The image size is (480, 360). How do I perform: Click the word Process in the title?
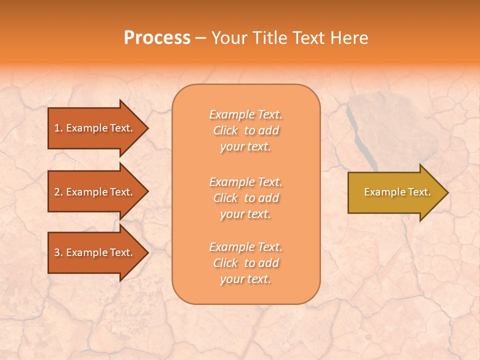[157, 38]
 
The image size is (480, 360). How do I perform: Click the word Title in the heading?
[268, 38]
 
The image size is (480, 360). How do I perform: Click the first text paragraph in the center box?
[245, 130]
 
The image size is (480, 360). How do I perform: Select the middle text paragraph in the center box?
[245, 198]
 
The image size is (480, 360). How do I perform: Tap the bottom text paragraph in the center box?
[245, 263]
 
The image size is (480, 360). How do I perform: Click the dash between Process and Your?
[200, 38]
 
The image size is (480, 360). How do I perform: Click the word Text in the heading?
[308, 38]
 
